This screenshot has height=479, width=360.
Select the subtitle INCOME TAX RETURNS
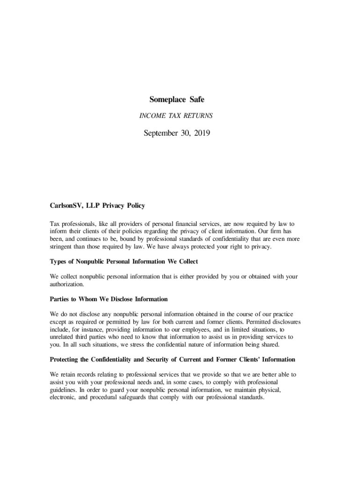pyautogui.click(x=177, y=116)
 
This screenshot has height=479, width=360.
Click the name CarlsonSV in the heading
pyautogui.click(x=66, y=205)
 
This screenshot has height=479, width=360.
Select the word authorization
pyautogui.click(x=67, y=284)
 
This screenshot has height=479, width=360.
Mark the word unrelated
pyautogui.click(x=64, y=337)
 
